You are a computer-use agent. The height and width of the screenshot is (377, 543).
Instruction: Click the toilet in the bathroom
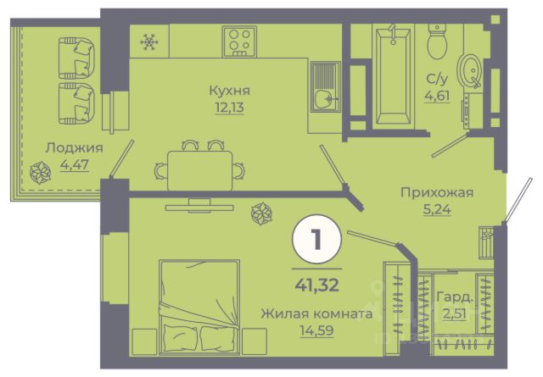(x=437, y=42)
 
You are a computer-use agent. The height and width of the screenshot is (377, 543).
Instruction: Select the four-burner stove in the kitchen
(x=239, y=42)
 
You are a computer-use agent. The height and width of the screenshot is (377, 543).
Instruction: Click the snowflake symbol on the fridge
(x=149, y=42)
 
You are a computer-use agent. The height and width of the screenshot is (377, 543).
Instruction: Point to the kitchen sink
(x=326, y=86)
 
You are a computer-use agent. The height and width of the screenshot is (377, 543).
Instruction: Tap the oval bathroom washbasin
(x=469, y=71)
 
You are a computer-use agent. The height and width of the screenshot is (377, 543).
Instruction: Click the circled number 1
(x=316, y=240)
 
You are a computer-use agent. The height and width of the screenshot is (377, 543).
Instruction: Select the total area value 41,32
(x=316, y=286)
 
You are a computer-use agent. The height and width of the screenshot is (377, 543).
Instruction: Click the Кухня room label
(x=230, y=91)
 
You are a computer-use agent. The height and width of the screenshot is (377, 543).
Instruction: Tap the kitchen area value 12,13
(x=230, y=108)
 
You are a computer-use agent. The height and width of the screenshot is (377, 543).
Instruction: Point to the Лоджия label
(x=75, y=148)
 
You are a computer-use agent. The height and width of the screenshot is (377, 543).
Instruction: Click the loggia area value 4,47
(x=75, y=164)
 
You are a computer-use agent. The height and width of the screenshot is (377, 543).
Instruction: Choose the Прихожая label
(x=437, y=192)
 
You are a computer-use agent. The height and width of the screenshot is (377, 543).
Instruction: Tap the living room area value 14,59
(x=316, y=330)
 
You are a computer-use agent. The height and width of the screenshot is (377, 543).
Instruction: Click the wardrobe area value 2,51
(x=455, y=314)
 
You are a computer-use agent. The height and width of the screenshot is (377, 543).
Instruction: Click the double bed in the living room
(x=199, y=308)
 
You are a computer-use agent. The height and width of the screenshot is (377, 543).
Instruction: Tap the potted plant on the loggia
(x=40, y=173)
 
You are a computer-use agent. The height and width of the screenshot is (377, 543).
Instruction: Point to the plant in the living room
(x=261, y=213)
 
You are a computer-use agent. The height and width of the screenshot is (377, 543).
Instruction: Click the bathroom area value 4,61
(x=438, y=96)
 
